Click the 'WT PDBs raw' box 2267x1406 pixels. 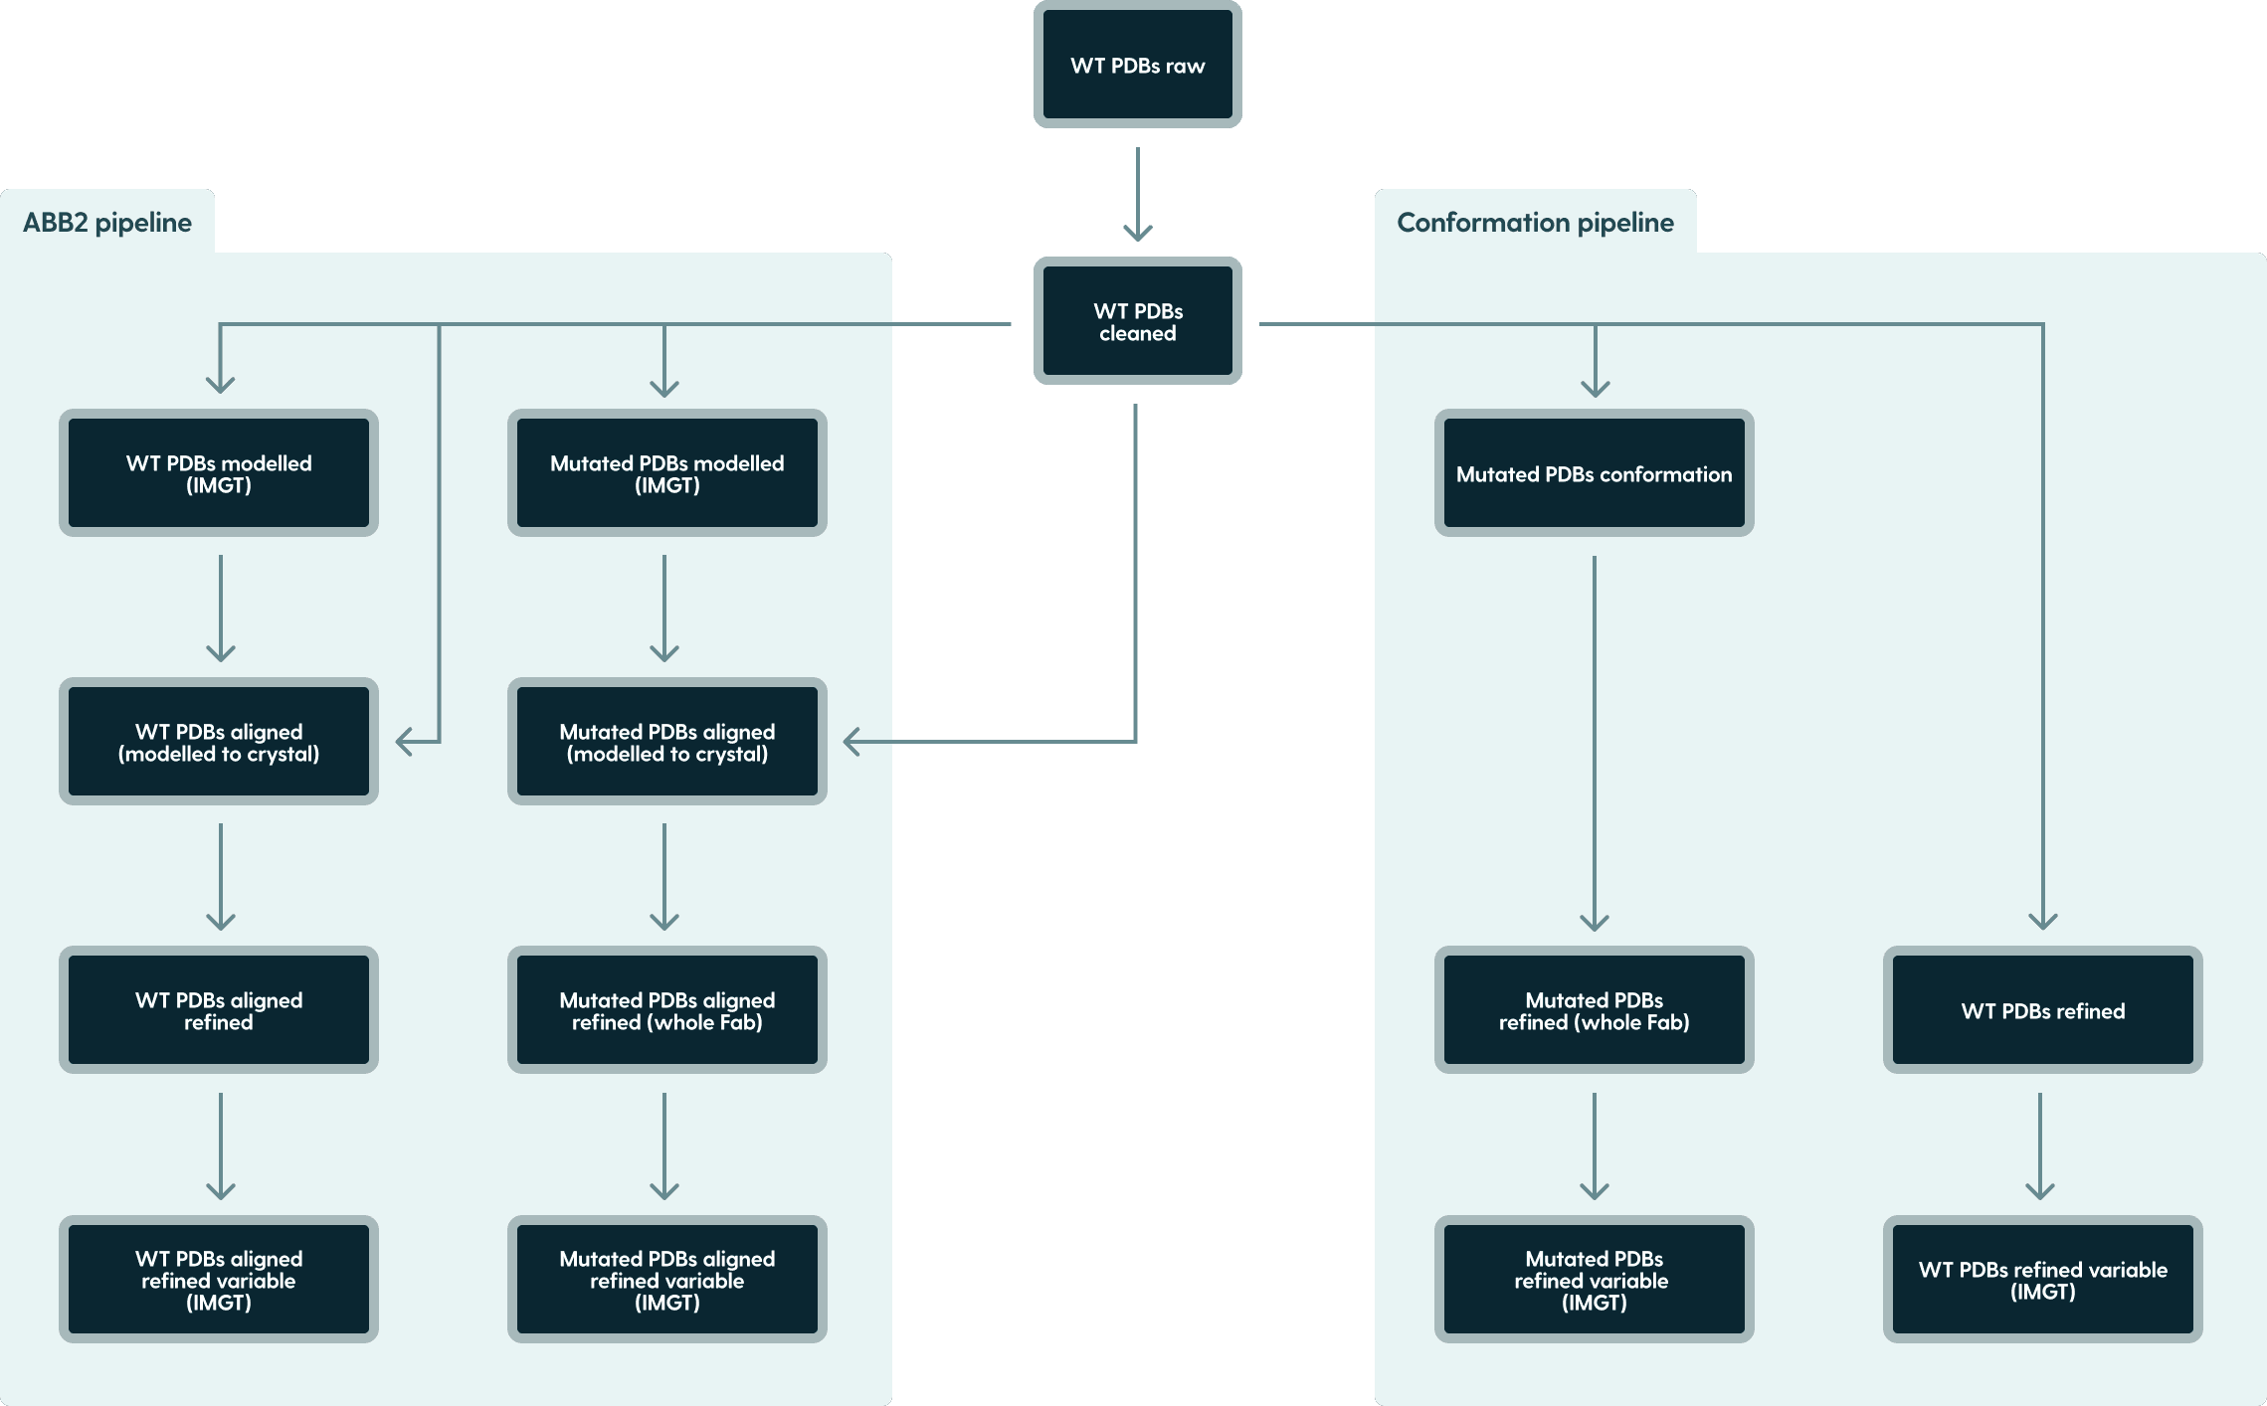pyautogui.click(x=1137, y=66)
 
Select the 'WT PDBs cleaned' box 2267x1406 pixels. pyautogui.click(x=1137, y=321)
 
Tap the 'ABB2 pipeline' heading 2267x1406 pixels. pyautogui.click(x=107, y=223)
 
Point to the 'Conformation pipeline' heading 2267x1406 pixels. pyautogui.click(x=1534, y=223)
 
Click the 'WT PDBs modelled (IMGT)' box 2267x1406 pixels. pyautogui.click(x=219, y=473)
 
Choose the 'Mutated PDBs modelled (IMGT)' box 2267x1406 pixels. pyautogui.click(x=666, y=473)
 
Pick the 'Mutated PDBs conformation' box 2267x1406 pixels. pyautogui.click(x=1594, y=473)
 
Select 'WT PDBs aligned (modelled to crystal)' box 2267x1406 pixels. pyautogui.click(x=219, y=742)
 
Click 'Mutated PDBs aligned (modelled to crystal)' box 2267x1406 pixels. pyautogui.click(x=666, y=742)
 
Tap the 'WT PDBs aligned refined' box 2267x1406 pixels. pyautogui.click(x=219, y=1010)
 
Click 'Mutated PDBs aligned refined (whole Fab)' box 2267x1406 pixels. pyautogui.click(x=666, y=1010)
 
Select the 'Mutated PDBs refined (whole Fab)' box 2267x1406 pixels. pyautogui.click(x=1594, y=1010)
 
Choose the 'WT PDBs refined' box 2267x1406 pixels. pyautogui.click(x=2042, y=1010)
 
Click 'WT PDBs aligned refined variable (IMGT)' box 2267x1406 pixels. pyautogui.click(x=219, y=1280)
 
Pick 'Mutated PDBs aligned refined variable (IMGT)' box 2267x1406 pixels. pyautogui.click(x=666, y=1280)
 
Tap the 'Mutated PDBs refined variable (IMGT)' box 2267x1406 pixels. pyautogui.click(x=1594, y=1280)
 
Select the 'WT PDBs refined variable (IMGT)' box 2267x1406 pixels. pyautogui.click(x=2042, y=1280)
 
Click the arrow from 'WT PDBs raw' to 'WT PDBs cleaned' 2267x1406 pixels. pyautogui.click(x=1137, y=194)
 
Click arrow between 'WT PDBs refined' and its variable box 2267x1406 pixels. pyautogui.click(x=2040, y=1145)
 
